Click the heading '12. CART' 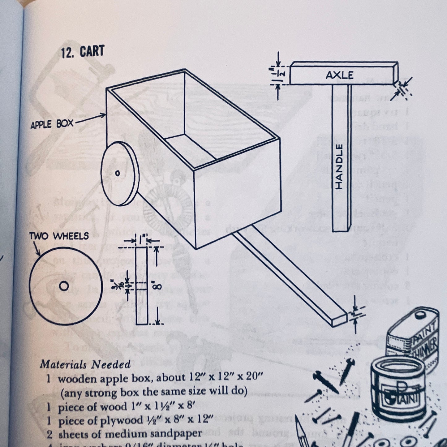click(x=83, y=52)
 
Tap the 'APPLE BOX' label click(x=52, y=124)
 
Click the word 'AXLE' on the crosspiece click(x=339, y=75)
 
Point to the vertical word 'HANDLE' click(x=339, y=167)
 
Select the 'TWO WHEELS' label click(x=59, y=236)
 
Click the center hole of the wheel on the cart click(x=117, y=173)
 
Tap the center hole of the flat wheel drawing click(x=64, y=286)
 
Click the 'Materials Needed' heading click(x=85, y=364)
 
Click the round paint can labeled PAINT click(x=399, y=390)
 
